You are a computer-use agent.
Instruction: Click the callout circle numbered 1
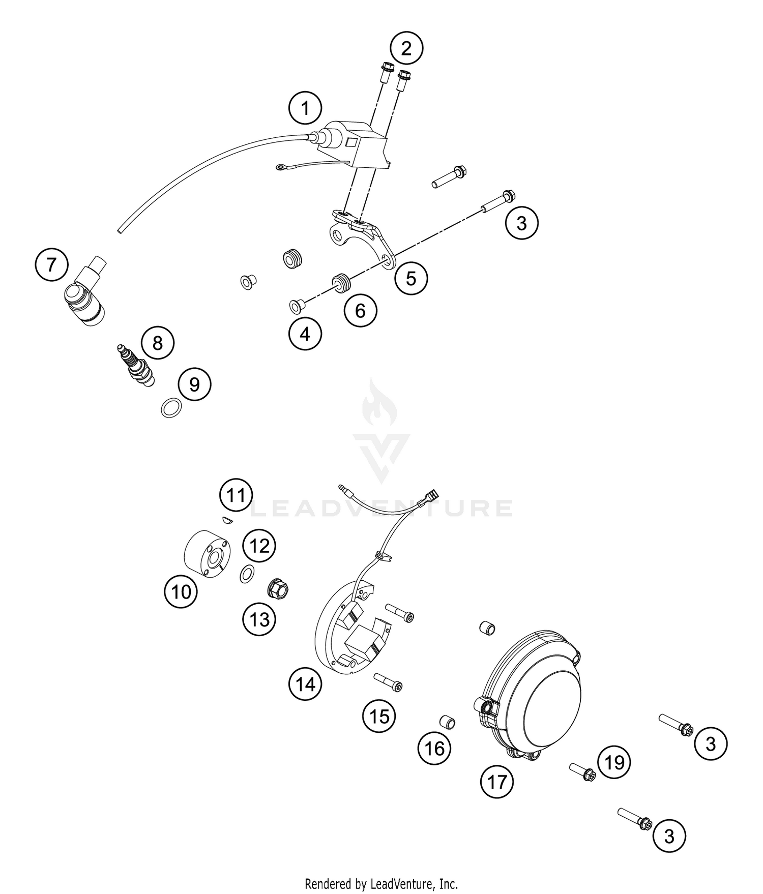(x=305, y=108)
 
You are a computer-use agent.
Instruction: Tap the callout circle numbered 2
(x=406, y=49)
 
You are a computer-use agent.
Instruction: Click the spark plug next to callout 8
(x=135, y=364)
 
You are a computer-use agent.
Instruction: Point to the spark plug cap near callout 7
(x=86, y=295)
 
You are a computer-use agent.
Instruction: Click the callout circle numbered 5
(x=411, y=278)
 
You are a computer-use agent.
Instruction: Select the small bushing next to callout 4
(x=296, y=305)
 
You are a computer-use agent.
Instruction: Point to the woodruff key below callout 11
(x=227, y=519)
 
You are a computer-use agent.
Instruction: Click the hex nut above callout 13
(x=278, y=589)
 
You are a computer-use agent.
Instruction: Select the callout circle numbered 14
(x=306, y=684)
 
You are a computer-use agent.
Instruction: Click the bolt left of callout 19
(x=582, y=772)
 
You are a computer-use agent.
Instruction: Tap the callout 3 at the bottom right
(x=669, y=836)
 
